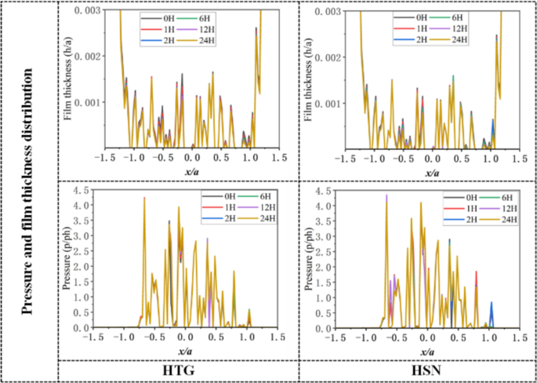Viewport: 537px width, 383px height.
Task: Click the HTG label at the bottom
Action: (x=178, y=371)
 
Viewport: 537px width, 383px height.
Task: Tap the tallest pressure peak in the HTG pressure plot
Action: (x=144, y=199)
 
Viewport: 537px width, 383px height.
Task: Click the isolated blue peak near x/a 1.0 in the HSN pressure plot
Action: (x=492, y=303)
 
